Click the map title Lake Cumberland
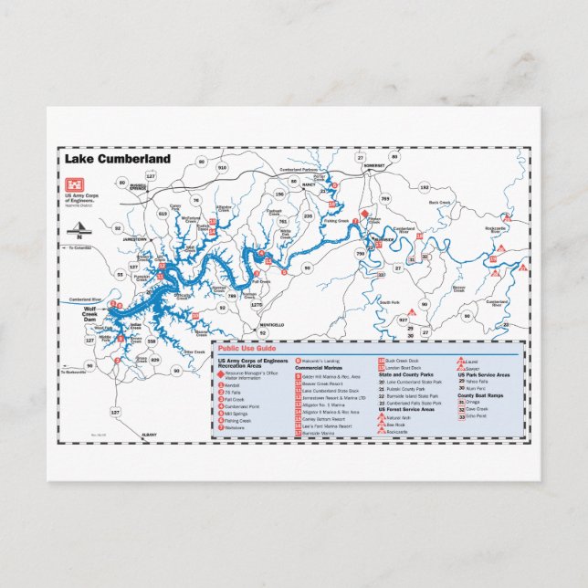(117, 158)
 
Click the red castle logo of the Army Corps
(70, 180)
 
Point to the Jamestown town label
(134, 239)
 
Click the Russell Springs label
(138, 186)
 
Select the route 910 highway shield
(221, 168)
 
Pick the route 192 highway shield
(423, 186)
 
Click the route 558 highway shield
(151, 340)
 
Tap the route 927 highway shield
(403, 320)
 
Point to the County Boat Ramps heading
(483, 394)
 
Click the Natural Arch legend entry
(394, 417)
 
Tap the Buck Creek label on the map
(439, 203)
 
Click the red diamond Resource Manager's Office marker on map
(362, 214)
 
